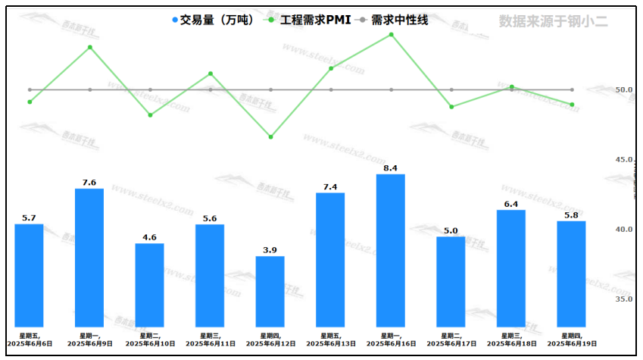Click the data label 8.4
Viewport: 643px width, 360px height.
click(x=391, y=167)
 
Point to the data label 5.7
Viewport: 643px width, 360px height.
click(x=29, y=218)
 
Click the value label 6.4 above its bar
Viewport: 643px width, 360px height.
click(x=511, y=204)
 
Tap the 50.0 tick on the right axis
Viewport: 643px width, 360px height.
click(x=624, y=89)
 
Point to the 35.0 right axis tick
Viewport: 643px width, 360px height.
click(x=624, y=299)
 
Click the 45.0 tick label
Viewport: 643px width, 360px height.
click(x=624, y=159)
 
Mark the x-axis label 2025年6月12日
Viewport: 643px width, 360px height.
click(x=270, y=343)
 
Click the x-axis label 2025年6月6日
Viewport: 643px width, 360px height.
click(x=29, y=343)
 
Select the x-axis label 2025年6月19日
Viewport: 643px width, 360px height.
click(x=572, y=343)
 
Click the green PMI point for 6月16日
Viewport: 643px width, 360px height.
click(x=392, y=34)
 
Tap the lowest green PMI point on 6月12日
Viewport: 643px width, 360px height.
click(x=270, y=137)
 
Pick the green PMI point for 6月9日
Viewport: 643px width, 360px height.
click(x=89, y=47)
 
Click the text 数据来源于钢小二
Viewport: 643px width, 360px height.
click(x=553, y=21)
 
